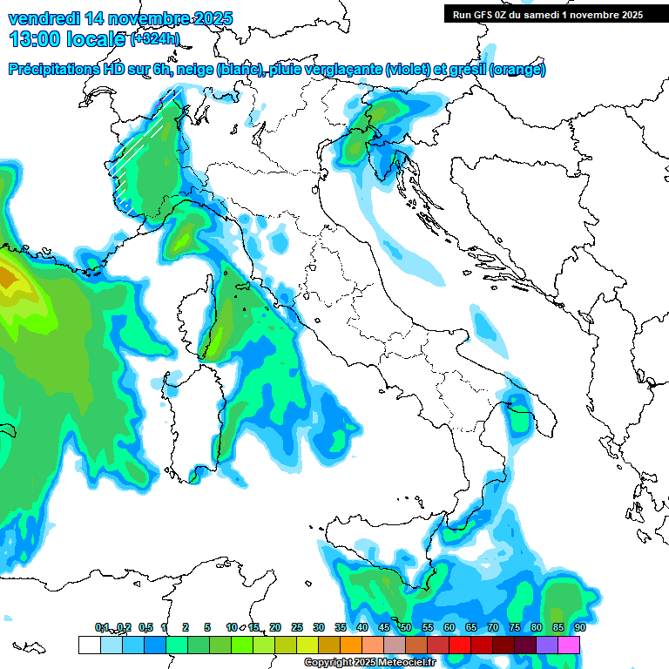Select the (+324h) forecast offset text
[155, 39]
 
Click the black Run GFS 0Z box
[547, 14]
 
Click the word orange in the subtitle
[521, 70]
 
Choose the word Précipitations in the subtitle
[54, 70]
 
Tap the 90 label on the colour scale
[580, 627]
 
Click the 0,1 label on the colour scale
[101, 627]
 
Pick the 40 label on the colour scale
[362, 627]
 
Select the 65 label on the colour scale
[471, 627]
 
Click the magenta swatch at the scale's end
[569, 645]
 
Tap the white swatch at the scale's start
[89, 645]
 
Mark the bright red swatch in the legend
[460, 645]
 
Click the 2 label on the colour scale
[186, 627]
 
